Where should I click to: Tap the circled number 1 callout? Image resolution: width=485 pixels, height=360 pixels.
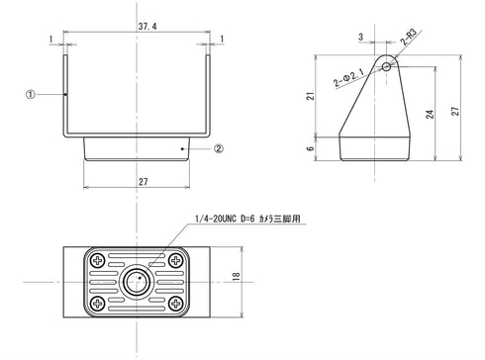[32, 95]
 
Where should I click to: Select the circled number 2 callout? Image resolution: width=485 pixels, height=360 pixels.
[220, 149]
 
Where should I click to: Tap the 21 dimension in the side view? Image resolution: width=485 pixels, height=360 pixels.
[310, 95]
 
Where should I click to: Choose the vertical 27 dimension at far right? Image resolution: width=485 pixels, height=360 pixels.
[455, 110]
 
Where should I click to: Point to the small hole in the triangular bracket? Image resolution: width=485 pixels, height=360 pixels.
[388, 68]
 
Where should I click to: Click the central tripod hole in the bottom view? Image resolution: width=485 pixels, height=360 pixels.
[138, 280]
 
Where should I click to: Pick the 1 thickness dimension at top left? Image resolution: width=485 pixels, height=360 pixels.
[48, 39]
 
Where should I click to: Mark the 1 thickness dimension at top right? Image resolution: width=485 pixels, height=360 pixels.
[224, 39]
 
